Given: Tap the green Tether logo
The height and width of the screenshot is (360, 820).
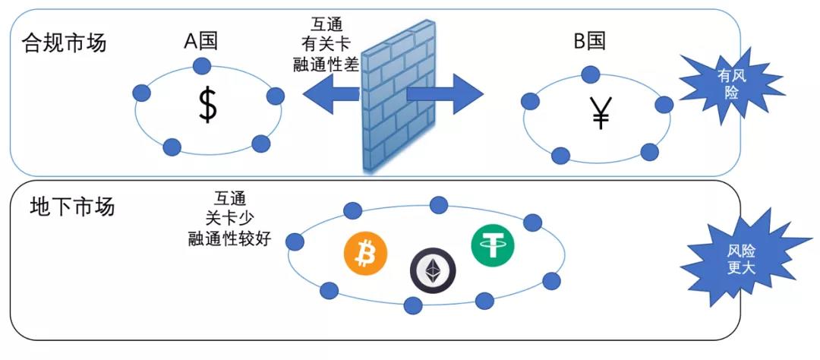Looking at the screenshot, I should coord(492,245).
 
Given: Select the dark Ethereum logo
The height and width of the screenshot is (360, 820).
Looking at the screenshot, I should coord(434,270).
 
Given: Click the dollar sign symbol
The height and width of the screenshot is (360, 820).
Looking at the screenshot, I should coord(207,106).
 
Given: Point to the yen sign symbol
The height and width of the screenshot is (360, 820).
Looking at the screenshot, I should coord(601,113).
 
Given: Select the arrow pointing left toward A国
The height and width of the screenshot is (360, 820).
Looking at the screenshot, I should coord(330,94).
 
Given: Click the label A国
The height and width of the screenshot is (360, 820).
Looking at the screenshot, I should coord(200,41).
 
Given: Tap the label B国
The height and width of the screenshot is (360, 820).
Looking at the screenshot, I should coord(589,42).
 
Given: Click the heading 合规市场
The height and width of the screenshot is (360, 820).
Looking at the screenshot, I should coord(65,42).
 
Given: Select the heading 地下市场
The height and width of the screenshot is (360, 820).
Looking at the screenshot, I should coord(73,206).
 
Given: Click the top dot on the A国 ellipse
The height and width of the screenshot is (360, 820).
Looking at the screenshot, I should coord(201,66).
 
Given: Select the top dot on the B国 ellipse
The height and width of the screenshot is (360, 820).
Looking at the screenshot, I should coord(590,74).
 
